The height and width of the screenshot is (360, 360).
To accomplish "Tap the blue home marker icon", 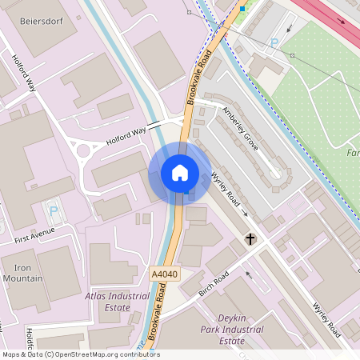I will pos(180,172).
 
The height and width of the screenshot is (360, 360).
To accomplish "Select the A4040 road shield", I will pos(163,274).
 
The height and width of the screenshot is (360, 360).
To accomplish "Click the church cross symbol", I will pos(250,239).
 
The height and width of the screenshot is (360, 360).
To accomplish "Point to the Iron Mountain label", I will pos(22,273).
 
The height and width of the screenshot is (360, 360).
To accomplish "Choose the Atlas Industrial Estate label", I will pos(117,301).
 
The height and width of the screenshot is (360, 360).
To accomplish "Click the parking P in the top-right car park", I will pos(275,43).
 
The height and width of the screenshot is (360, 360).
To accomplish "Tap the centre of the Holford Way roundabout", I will pos(82,150).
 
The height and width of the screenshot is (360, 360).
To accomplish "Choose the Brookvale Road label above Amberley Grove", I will pos(202,78).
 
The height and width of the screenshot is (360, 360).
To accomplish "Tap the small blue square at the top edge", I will pos(242,8).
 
